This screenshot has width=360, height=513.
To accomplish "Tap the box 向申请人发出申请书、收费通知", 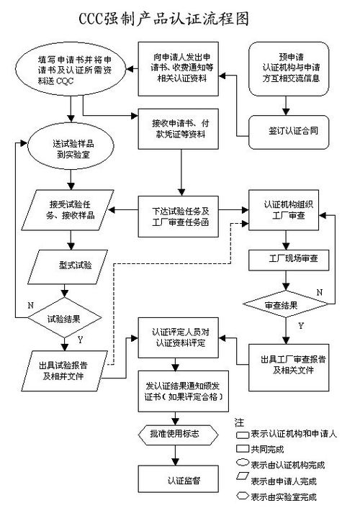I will (182, 69).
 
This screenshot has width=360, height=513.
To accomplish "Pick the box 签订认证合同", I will (287, 132).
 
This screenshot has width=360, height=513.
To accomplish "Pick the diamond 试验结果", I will (66, 316).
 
